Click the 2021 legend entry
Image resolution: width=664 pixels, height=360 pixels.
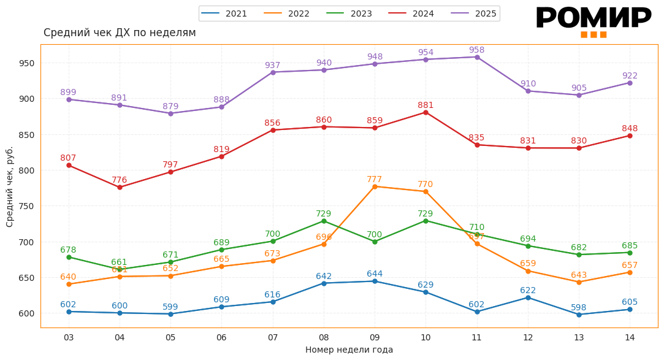click(224, 13)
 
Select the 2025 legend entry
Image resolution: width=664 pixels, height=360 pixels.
click(474, 13)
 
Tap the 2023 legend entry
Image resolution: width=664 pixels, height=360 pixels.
click(349, 13)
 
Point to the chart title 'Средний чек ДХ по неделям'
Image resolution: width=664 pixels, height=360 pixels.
click(120, 33)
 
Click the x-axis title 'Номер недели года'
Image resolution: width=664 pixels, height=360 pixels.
click(349, 350)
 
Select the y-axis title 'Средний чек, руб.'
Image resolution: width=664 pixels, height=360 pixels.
click(10, 186)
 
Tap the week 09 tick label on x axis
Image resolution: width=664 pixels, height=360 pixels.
click(375, 337)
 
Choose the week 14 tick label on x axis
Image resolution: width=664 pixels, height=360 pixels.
click(630, 337)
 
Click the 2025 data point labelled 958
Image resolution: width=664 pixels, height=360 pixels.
click(477, 57)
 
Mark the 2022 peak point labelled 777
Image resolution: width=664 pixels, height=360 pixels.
click(375, 186)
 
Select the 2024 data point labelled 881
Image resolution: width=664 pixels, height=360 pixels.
click(425, 112)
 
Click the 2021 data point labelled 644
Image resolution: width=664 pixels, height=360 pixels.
click(375, 281)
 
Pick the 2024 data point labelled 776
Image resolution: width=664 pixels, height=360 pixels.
click(120, 187)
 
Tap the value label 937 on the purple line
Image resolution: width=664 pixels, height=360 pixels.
click(272, 65)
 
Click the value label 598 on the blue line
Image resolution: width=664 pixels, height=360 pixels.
click(579, 307)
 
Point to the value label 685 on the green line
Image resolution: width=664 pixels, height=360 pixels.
click(630, 245)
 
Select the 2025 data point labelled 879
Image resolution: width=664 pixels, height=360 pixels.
click(170, 113)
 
